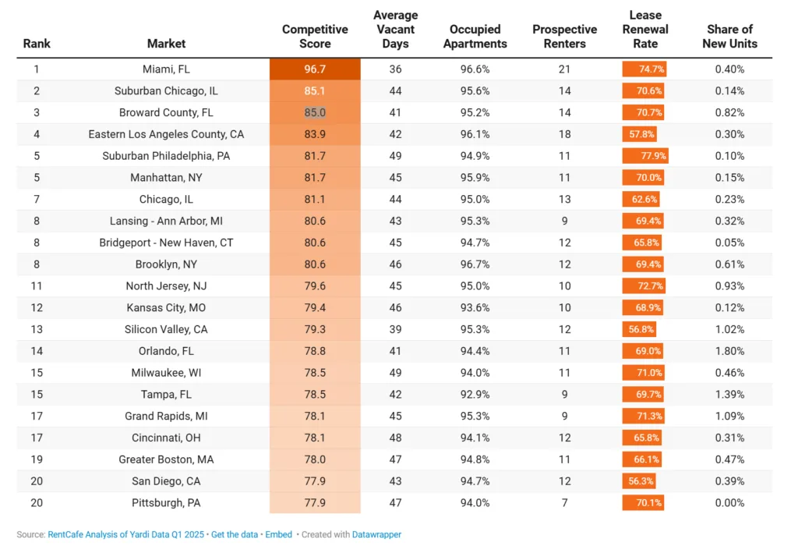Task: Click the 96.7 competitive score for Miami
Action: [x=315, y=69]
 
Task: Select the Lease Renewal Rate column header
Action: [x=645, y=30]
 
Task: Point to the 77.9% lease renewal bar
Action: [x=645, y=156]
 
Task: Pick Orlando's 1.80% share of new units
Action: [x=729, y=351]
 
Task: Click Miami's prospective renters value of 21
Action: [x=564, y=69]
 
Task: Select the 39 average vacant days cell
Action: [x=395, y=329]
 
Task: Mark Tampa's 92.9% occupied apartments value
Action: [x=475, y=395]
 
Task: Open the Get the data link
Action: [x=234, y=534]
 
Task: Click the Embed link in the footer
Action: [x=278, y=534]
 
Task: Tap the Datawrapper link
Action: [x=376, y=534]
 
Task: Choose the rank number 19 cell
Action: [x=37, y=459]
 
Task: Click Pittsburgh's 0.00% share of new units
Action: [x=729, y=503]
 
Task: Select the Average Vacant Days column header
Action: [x=395, y=30]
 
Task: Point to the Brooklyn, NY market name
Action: [x=166, y=264]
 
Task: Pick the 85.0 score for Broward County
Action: [x=315, y=112]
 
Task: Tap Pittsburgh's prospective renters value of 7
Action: [x=564, y=503]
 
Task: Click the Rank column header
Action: [x=37, y=44]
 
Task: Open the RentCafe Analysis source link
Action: [x=127, y=534]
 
